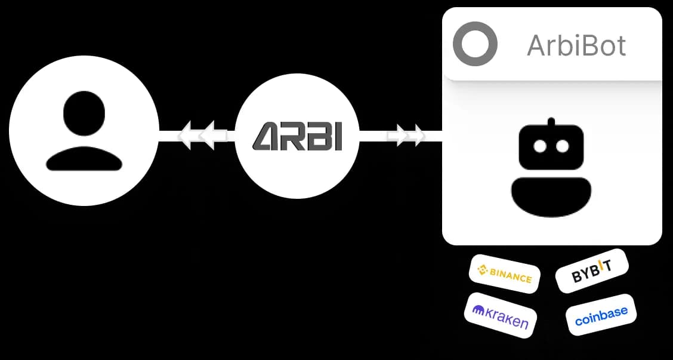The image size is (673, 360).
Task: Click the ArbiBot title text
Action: [576, 45]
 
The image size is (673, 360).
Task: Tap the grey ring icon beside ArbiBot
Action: [475, 44]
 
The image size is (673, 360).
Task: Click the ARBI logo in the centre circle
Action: [297, 136]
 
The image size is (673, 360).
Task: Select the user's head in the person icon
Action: [84, 113]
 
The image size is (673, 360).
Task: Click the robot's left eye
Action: [540, 146]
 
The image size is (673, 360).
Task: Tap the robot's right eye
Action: [562, 146]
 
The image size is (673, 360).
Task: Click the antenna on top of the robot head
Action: [551, 122]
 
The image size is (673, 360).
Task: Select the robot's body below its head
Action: [551, 196]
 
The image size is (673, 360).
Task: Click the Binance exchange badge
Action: [505, 274]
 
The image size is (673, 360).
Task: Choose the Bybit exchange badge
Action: [592, 271]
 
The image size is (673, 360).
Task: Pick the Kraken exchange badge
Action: [501, 315]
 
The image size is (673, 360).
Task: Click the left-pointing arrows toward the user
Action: [197, 136]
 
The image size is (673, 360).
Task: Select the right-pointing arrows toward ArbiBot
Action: [406, 136]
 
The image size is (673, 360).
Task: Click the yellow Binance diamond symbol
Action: [483, 269]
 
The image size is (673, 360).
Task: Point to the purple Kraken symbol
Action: [478, 310]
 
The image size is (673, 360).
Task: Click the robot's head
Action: [551, 147]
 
